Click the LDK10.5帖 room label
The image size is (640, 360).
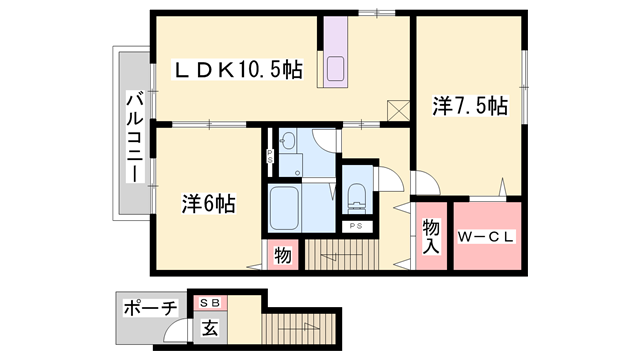tap(238, 71)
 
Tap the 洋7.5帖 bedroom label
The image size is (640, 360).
tap(470, 104)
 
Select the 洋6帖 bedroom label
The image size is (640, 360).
tap(209, 203)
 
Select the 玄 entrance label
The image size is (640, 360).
tap(211, 326)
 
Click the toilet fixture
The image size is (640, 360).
tap(355, 199)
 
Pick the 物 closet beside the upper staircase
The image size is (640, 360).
tap(283, 256)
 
